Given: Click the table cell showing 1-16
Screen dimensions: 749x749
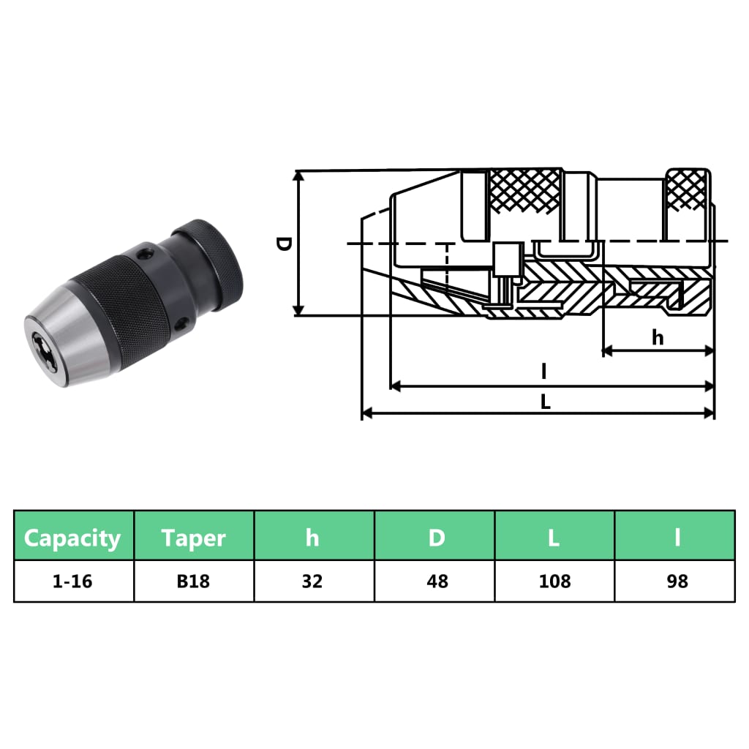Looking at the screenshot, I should [73, 581].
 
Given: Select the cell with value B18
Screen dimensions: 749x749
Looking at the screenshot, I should [194, 581].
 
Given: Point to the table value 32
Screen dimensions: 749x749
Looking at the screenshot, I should [313, 581].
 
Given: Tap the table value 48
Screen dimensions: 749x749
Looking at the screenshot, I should [435, 581].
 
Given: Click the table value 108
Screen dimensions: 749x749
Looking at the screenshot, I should [554, 581].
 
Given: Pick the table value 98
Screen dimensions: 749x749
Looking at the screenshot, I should [677, 581].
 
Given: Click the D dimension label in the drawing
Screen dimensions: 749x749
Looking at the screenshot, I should [284, 244].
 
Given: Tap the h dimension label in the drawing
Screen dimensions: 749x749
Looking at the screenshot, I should [658, 337].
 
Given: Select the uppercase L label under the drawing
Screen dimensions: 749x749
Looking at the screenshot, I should [546, 402].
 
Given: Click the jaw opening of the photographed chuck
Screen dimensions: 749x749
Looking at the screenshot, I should [41, 343].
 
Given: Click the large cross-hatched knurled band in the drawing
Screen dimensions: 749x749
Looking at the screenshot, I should [525, 192].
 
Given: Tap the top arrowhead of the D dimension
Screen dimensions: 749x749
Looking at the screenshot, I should [298, 176].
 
